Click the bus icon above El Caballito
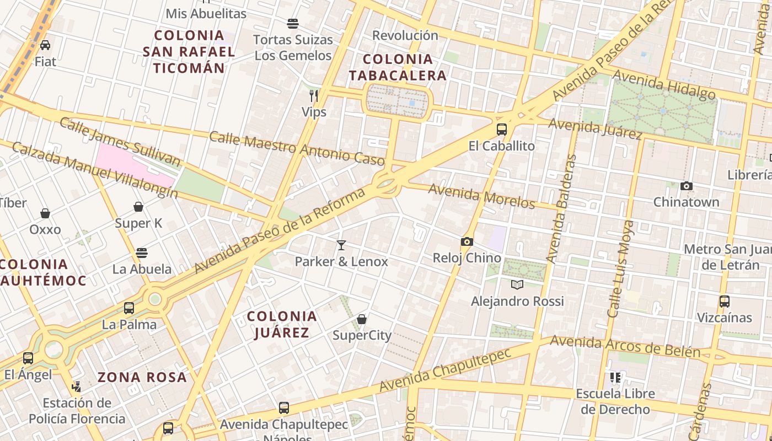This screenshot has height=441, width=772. [x=501, y=130]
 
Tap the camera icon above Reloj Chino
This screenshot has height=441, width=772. [x=467, y=241]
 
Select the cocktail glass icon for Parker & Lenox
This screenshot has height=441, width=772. [x=341, y=245]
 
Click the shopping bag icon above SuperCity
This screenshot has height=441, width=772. [x=362, y=319]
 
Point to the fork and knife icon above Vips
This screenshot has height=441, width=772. [x=314, y=96]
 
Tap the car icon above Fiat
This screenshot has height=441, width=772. [x=45, y=45]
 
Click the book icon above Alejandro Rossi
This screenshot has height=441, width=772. [x=517, y=284]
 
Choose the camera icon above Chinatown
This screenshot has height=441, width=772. [x=687, y=186]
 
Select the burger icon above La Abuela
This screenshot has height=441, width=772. [x=142, y=253]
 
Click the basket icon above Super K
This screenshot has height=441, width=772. [x=138, y=207]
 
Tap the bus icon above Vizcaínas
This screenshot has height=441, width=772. [x=724, y=302]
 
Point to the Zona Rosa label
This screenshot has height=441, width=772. [x=142, y=378]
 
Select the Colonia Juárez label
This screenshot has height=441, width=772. [x=282, y=324]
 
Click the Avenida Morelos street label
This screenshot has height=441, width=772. [x=481, y=196]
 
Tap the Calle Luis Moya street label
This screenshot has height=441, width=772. [x=620, y=268]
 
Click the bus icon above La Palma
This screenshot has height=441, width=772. [x=129, y=308]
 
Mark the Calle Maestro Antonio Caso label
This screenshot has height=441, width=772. [x=297, y=148]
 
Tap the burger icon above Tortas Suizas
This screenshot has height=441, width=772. [x=293, y=24]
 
